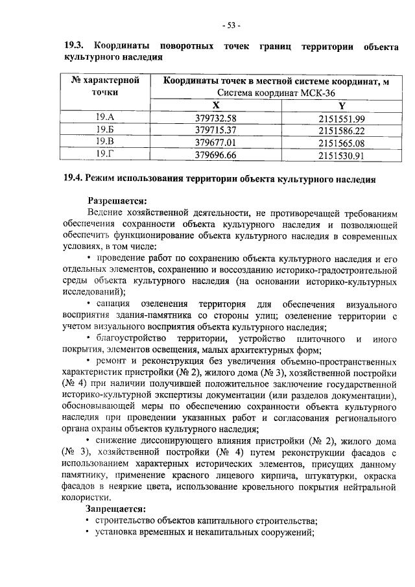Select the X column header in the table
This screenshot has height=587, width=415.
(x=216, y=105)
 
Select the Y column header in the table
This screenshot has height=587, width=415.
(x=342, y=105)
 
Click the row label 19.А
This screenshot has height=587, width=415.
(x=104, y=118)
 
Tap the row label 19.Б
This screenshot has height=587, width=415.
(x=104, y=130)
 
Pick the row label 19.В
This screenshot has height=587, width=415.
(x=104, y=141)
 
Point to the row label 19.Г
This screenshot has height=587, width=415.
(x=104, y=154)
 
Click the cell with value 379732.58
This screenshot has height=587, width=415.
(x=216, y=118)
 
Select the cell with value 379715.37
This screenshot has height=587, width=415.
(x=216, y=130)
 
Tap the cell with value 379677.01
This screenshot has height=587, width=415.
(x=216, y=142)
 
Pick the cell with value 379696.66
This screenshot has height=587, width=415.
(x=216, y=155)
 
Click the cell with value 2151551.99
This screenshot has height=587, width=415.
(x=342, y=118)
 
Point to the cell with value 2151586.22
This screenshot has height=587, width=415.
(x=342, y=130)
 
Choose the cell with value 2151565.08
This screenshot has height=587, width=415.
(x=342, y=143)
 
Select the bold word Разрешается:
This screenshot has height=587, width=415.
(x=117, y=200)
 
